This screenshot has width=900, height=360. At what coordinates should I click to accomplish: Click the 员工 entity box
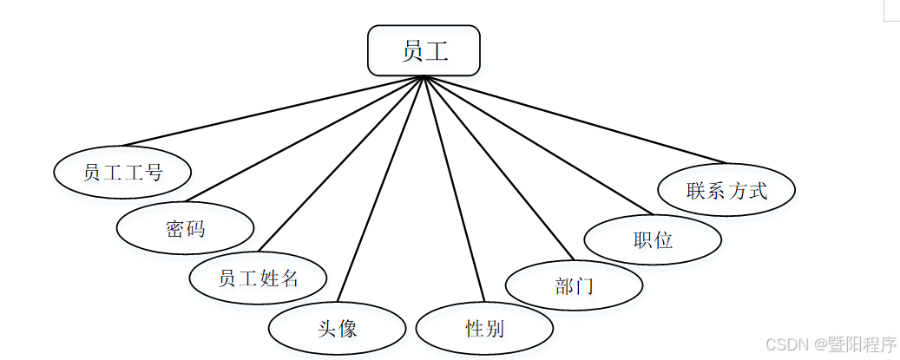(424, 50)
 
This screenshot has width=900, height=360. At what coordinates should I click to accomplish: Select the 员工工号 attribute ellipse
(122, 172)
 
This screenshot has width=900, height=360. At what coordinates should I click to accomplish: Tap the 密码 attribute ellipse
(185, 228)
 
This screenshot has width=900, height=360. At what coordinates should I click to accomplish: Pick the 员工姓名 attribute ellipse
(258, 278)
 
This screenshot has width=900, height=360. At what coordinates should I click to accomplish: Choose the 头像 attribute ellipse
(337, 329)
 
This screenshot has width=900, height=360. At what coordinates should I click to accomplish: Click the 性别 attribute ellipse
(484, 329)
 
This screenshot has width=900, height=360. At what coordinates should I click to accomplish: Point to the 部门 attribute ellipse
(574, 285)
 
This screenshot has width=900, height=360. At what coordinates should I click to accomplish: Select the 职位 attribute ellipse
(653, 239)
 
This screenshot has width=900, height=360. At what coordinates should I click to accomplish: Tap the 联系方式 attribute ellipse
(726, 190)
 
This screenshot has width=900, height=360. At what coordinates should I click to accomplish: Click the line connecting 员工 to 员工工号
(273, 111)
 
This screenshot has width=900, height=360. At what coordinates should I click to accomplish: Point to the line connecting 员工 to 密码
(304, 140)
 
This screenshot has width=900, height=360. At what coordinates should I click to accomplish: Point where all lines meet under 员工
(424, 77)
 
